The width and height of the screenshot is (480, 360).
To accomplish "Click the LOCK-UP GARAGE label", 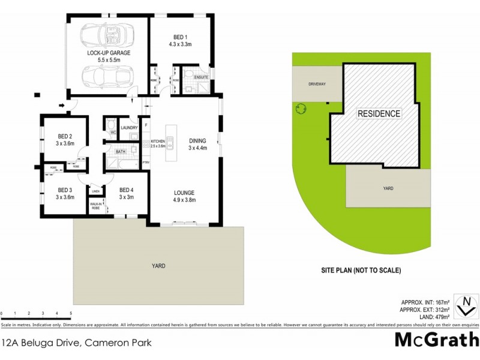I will click(x=109, y=53).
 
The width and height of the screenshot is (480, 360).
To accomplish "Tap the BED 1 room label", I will click(x=181, y=37).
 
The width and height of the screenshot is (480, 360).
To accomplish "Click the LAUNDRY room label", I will click(x=130, y=128).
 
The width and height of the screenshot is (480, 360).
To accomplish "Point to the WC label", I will click(x=112, y=132).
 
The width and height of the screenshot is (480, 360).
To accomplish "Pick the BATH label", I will click(x=120, y=152).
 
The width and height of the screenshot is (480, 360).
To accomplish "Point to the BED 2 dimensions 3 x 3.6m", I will click(x=65, y=143).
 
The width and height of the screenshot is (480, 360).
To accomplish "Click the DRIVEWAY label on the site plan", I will click(x=317, y=84).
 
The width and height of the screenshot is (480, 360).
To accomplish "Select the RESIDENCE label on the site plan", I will click(x=379, y=113).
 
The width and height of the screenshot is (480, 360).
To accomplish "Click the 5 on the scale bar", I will click(x=71, y=314).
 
